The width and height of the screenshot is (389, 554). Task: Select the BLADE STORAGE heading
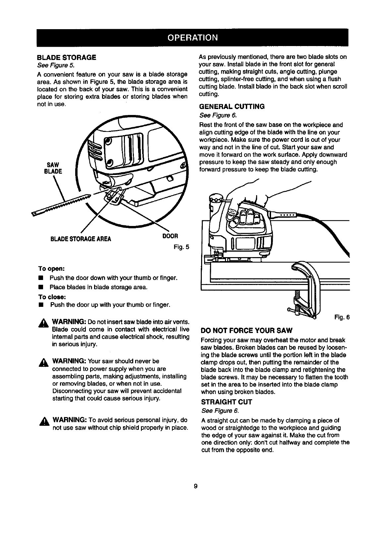coord(66,57)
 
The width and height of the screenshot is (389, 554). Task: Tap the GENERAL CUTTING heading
coord(232,107)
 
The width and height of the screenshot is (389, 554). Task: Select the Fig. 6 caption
coord(342,317)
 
